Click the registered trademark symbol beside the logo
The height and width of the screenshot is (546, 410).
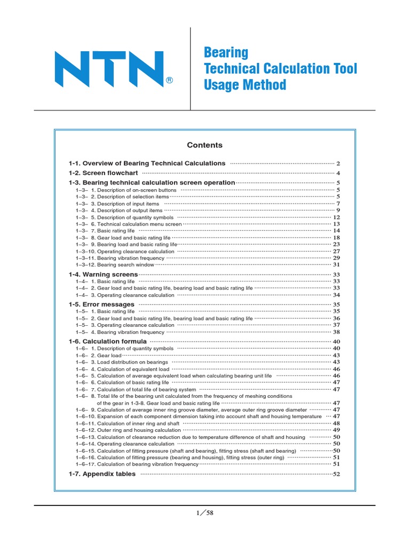pyautogui.click(x=169, y=81)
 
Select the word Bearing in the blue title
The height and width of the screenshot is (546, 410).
pyautogui.click(x=226, y=53)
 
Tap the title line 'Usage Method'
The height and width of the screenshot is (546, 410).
pyautogui.click(x=245, y=85)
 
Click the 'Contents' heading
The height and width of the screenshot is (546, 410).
pyautogui.click(x=204, y=145)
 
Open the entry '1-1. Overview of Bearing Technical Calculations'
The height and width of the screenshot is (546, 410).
pyautogui.click(x=147, y=163)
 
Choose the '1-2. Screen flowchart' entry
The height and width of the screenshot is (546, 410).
pyautogui.click(x=103, y=173)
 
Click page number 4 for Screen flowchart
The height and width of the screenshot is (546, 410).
pyautogui.click(x=338, y=174)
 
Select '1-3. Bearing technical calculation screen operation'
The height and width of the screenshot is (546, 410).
pyautogui.click(x=152, y=182)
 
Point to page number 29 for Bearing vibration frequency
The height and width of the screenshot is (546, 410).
pyautogui.click(x=336, y=258)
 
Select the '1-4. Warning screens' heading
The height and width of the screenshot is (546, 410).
pyautogui.click(x=103, y=275)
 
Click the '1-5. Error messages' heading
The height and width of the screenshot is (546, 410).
pyautogui.click(x=101, y=304)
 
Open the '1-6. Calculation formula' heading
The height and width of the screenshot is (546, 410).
pyautogui.click(x=107, y=341)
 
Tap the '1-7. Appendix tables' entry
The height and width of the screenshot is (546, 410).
pyautogui.click(x=102, y=474)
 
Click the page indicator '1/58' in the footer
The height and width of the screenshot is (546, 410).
pyautogui.click(x=204, y=513)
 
